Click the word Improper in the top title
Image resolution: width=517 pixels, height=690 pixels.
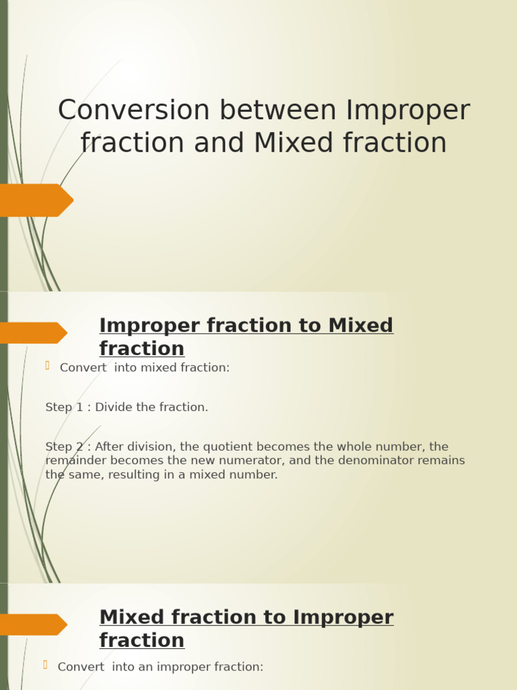(408, 111)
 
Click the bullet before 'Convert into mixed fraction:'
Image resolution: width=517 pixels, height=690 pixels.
(48, 365)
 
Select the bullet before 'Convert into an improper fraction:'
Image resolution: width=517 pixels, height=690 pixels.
(46, 664)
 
